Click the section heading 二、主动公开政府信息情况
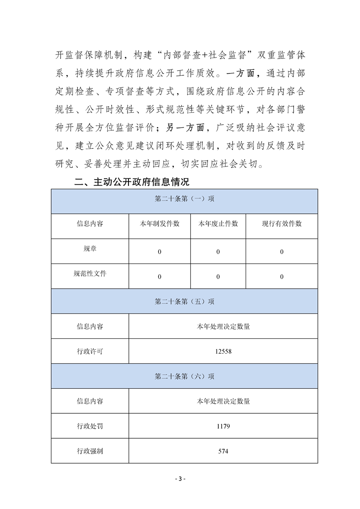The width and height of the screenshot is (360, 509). tap(132, 182)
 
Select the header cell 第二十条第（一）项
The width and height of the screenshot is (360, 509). tap(184, 200)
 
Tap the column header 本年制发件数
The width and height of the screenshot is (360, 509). tap(159, 224)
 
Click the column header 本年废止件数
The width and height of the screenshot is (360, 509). tap(218, 224)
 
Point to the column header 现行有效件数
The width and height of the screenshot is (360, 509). tap(281, 224)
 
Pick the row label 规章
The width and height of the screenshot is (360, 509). tap(90, 249)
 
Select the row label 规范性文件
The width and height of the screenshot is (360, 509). tap(90, 274)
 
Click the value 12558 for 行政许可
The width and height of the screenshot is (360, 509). tap(223, 351)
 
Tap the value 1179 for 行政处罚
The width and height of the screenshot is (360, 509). tap(223, 426)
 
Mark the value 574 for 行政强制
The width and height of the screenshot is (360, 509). tap(223, 451)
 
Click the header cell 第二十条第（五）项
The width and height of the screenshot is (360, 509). tap(184, 301)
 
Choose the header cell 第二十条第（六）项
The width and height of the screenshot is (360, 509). tap(184, 376)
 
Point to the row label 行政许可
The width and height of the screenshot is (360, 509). tap(90, 351)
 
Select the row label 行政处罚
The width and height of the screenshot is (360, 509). tap(90, 426)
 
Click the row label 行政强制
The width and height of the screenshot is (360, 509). tap(90, 451)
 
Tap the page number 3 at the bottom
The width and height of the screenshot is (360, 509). tap(180, 479)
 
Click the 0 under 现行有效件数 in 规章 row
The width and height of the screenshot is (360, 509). tap(281, 252)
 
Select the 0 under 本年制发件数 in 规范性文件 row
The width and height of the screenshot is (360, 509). tap(159, 277)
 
